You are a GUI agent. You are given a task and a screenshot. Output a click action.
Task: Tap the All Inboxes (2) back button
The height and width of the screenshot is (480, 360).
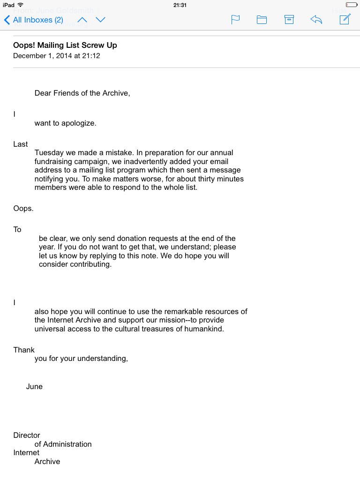tap(34, 20)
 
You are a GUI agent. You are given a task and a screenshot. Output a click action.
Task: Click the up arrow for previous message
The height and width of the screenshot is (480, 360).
tap(82, 20)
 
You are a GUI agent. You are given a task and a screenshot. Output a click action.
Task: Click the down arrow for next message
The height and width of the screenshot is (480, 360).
tap(100, 20)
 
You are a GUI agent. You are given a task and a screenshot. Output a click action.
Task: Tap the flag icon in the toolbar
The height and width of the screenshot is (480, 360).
tap(235, 20)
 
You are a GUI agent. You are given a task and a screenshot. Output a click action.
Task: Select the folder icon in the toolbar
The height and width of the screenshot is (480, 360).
tap(262, 20)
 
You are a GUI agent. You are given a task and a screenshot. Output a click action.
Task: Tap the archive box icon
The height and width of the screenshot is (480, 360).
tap(289, 20)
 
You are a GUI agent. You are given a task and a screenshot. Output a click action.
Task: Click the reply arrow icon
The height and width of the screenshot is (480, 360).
tap(316, 20)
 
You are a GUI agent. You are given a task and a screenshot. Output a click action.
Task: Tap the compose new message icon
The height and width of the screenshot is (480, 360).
tap(345, 19)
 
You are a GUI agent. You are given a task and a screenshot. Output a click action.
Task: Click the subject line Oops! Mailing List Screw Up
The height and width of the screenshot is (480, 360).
tap(65, 45)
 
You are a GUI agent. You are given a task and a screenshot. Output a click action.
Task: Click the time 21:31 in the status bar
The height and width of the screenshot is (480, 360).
tap(180, 5)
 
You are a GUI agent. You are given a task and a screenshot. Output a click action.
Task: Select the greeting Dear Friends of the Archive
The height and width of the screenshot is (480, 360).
tap(82, 93)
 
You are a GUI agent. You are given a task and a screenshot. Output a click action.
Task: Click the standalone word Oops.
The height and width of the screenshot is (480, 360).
tap(23, 209)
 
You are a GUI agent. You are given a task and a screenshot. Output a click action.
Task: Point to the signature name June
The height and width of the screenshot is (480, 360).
tap(34, 387)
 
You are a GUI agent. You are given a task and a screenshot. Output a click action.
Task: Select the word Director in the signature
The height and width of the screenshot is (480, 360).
tap(27, 435)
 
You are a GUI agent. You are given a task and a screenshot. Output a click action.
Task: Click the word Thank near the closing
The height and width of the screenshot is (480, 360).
tap(24, 350)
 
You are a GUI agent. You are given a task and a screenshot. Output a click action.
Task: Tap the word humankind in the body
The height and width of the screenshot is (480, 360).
tap(205, 329)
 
